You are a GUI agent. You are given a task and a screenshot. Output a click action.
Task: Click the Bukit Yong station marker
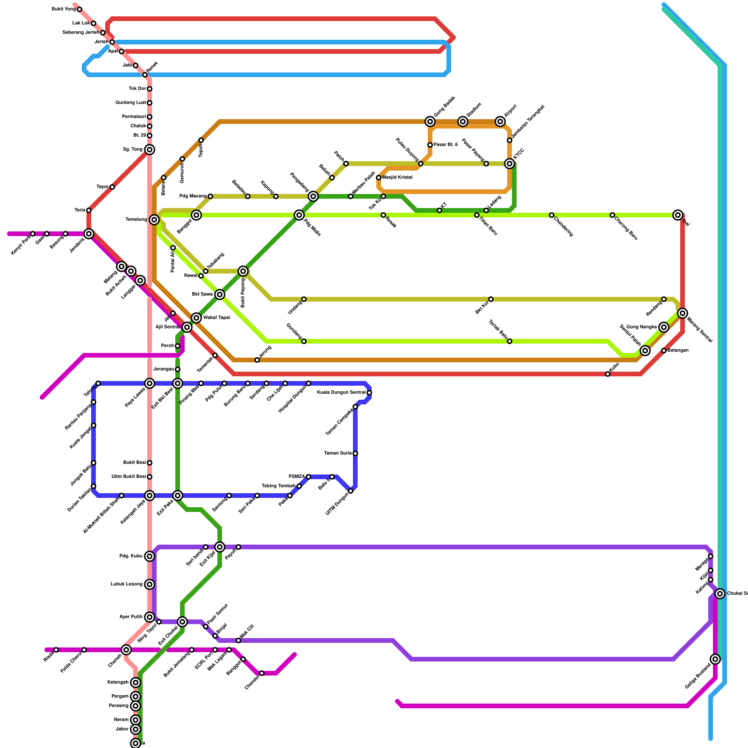pyautogui.click(x=79, y=9)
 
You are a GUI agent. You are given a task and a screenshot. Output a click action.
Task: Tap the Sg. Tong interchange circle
pyautogui.click(x=150, y=150)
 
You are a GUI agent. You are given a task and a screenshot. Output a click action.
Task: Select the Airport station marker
pyautogui.click(x=500, y=122)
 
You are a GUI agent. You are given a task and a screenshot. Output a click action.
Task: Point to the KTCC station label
pyautogui.click(x=519, y=154)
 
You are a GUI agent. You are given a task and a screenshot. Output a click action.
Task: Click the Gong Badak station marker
pyautogui.click(x=430, y=122)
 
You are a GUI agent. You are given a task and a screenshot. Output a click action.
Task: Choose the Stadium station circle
pyautogui.click(x=463, y=122)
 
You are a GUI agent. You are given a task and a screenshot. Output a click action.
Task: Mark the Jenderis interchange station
pyautogui.click(x=89, y=233)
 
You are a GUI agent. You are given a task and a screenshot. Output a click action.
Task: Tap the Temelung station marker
pyautogui.click(x=154, y=220)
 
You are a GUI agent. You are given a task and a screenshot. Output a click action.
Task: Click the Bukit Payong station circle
pyautogui.click(x=243, y=271)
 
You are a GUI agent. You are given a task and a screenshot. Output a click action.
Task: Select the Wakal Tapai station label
pyautogui.click(x=216, y=318)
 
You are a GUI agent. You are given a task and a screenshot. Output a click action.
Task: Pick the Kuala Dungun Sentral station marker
pyautogui.click(x=369, y=393)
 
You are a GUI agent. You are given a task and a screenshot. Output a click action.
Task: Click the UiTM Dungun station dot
pyautogui.click(x=351, y=491)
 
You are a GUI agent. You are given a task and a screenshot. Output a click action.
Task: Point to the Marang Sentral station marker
pyautogui.click(x=683, y=313)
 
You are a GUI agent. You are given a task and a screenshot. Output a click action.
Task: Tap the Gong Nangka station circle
pyautogui.click(x=664, y=327)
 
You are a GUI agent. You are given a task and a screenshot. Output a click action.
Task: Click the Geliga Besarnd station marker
pyautogui.click(x=715, y=659)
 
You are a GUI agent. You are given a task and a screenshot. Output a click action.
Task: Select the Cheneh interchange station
pyautogui.click(x=126, y=650)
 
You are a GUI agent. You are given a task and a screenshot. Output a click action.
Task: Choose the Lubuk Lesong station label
pyautogui.click(x=127, y=584)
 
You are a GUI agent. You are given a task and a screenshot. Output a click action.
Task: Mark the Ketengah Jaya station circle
pyautogui.click(x=150, y=496)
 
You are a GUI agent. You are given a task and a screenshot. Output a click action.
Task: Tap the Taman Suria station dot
pyautogui.click(x=355, y=453)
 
